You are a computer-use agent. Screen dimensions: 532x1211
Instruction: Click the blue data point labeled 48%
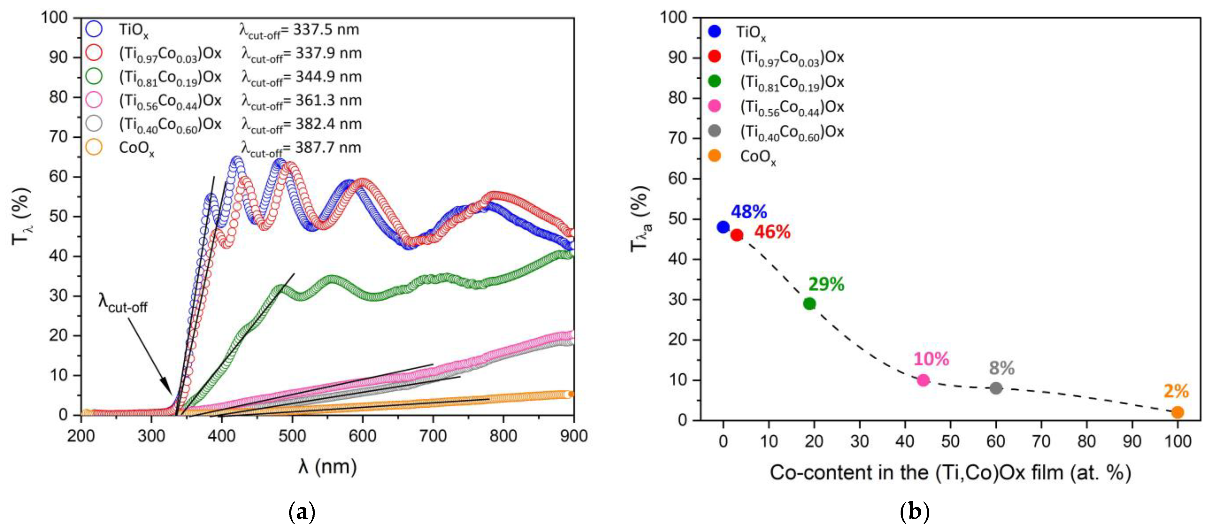pos(723,227)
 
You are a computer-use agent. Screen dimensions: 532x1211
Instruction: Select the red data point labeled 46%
pos(737,235)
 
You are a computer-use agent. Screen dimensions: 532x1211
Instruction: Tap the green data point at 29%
pos(809,304)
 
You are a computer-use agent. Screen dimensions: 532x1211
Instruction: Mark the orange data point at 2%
pos(1177,412)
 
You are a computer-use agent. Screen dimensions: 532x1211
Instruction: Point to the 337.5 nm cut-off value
pos(326,29)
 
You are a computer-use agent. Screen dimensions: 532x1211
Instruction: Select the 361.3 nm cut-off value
pos(328,101)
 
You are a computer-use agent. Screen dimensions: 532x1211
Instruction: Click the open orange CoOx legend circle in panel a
pos(94,148)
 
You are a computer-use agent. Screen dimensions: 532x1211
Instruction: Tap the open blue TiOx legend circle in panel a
pos(94,29)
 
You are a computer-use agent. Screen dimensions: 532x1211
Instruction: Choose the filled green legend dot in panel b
pos(714,81)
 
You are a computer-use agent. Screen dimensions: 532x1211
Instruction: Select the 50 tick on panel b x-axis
pos(950,441)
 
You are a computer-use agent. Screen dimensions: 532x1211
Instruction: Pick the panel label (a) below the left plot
pos(301,512)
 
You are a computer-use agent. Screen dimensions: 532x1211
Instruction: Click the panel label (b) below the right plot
pos(914,512)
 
